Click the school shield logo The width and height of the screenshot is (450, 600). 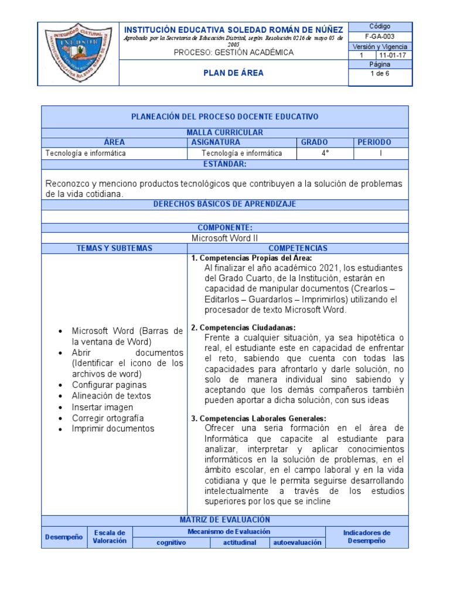click(x=78, y=54)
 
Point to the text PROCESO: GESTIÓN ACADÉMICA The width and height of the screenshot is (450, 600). click(x=233, y=53)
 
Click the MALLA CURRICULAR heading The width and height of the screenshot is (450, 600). click(x=224, y=132)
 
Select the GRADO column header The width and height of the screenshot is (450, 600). click(x=314, y=142)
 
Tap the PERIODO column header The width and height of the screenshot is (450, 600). click(x=374, y=142)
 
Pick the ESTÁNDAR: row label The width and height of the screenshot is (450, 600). click(x=224, y=164)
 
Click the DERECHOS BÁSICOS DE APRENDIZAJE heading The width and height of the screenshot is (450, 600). click(x=224, y=204)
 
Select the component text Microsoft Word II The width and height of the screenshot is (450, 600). click(x=224, y=238)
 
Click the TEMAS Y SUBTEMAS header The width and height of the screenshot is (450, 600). click(x=114, y=248)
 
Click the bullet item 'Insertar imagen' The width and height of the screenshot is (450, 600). click(x=103, y=407)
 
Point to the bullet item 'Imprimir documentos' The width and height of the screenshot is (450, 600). click(x=113, y=428)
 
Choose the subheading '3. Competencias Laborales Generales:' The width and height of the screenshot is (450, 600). click(x=258, y=418)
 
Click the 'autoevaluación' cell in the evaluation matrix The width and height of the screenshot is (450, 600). click(x=297, y=543)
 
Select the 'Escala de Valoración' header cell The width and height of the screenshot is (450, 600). click(x=110, y=537)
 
